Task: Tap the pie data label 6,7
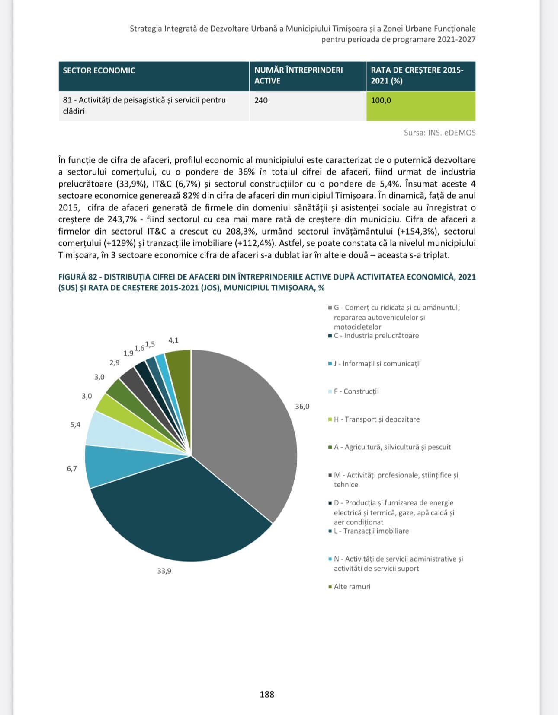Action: [x=72, y=468]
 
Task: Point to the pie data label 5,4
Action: [x=75, y=425]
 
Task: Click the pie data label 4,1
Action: [x=173, y=340]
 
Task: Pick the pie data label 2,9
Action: [x=115, y=363]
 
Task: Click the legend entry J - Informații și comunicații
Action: [x=377, y=364]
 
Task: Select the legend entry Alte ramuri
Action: [x=352, y=587]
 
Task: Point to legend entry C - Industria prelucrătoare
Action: [x=376, y=336]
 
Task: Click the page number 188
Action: [x=267, y=694]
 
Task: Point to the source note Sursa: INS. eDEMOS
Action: [x=439, y=133]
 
